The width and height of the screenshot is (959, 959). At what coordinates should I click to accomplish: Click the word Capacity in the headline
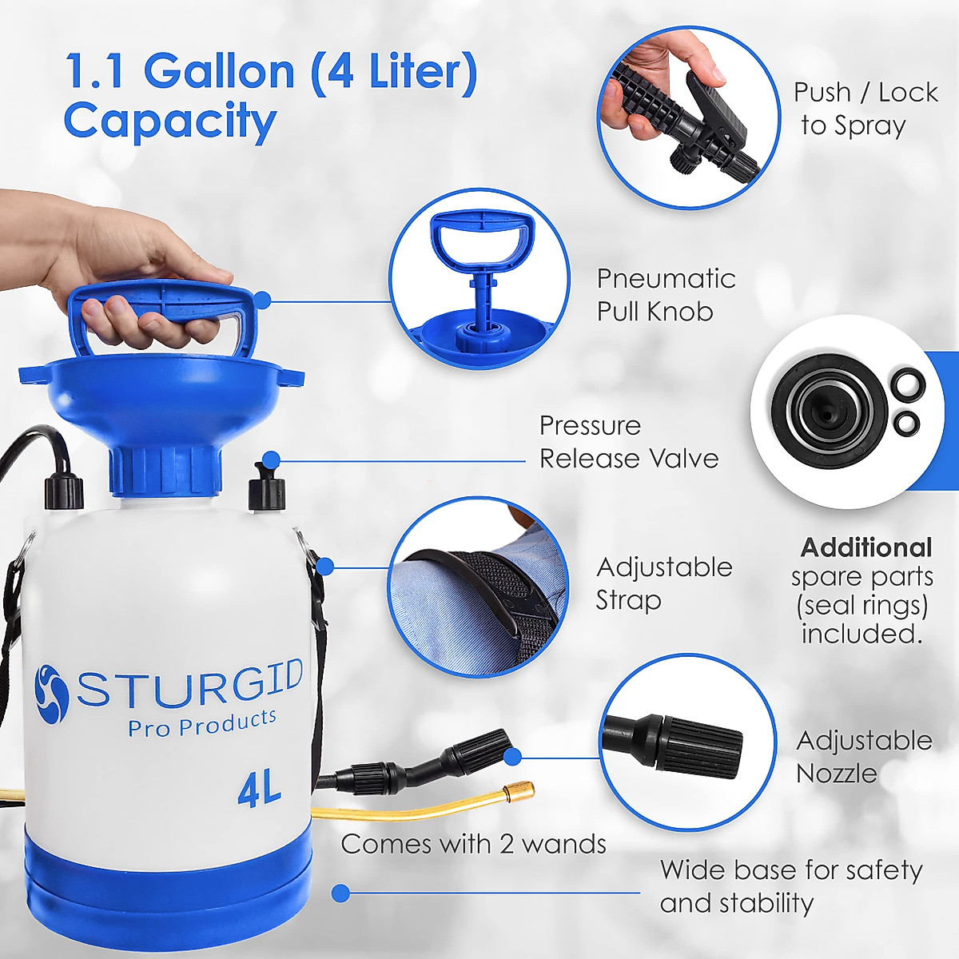(169, 121)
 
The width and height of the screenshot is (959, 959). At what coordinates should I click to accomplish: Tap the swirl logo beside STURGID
(52, 693)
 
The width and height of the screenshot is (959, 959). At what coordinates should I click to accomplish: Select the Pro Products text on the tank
(202, 723)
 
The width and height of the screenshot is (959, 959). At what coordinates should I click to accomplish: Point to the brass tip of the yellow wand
(519, 793)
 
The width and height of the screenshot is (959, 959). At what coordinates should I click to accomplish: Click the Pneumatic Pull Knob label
(666, 295)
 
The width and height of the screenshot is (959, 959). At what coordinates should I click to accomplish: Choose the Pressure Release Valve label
(628, 442)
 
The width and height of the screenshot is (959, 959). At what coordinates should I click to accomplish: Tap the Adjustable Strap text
(663, 583)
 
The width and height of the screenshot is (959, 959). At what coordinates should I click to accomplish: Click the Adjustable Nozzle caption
(863, 756)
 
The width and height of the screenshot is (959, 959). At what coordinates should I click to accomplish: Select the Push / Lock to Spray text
(865, 109)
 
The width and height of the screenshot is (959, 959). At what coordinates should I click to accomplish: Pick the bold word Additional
(866, 547)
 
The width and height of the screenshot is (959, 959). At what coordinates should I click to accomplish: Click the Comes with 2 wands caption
(473, 844)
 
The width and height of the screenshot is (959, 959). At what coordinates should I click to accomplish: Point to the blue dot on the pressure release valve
(271, 460)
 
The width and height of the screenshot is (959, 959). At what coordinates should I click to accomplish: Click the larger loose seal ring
(909, 384)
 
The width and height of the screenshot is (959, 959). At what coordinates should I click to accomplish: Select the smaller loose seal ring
(906, 423)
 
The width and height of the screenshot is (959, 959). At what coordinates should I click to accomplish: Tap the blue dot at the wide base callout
(341, 893)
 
